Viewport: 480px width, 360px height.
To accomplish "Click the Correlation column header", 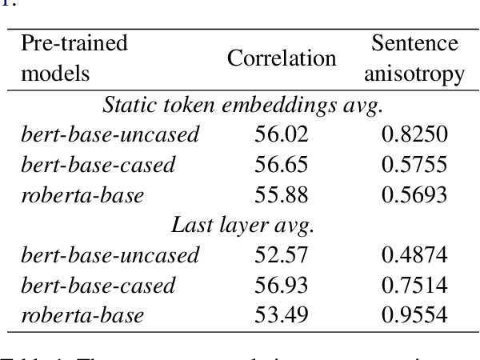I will [282, 58].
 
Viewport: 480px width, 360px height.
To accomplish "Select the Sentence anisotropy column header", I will [414, 58].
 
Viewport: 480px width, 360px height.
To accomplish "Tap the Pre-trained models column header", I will [74, 58].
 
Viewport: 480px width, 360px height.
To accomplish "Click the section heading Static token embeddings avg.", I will [243, 104].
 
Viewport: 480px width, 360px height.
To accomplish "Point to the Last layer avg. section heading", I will [243, 225].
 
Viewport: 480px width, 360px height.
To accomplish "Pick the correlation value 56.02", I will [282, 134].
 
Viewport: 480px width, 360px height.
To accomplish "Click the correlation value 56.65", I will [282, 165].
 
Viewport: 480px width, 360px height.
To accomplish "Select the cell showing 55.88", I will [282, 195].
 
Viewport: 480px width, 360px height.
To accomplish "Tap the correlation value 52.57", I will [282, 255].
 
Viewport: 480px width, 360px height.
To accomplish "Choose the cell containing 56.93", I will [282, 286].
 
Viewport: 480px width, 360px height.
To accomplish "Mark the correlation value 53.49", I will [282, 315].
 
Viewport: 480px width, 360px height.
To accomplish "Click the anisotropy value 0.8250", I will [414, 134].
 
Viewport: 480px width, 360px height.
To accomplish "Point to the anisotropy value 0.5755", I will [414, 165].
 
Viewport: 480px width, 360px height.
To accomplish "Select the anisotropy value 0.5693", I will [414, 195].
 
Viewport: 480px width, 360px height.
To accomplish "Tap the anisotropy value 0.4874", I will [414, 255].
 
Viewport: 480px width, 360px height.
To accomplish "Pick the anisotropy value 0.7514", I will [414, 286].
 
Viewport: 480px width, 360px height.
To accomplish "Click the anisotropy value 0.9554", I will [414, 315].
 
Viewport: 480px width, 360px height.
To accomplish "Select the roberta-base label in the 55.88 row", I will [82, 195].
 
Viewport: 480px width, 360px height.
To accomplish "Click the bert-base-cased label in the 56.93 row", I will [98, 286].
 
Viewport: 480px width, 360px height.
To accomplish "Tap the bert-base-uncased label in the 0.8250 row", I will [110, 134].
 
